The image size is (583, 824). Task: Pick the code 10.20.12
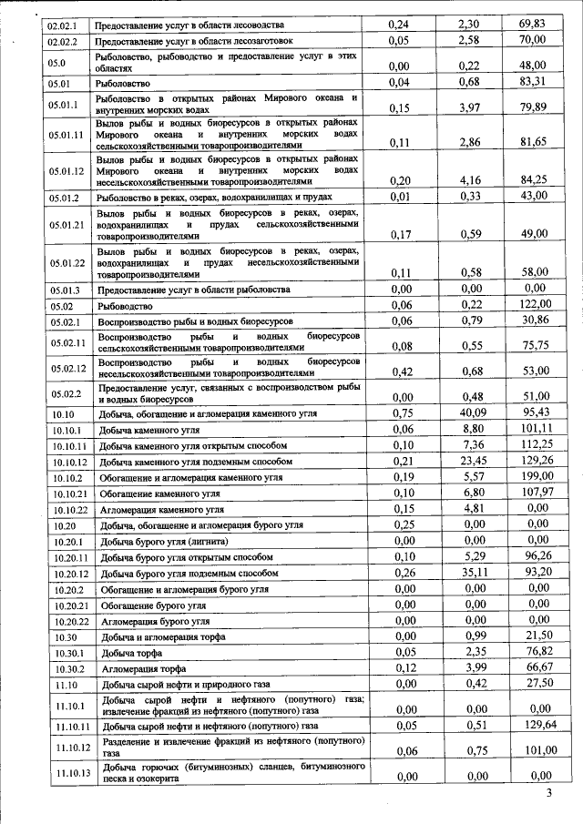click(69, 574)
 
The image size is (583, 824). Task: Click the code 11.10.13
click(69, 773)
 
